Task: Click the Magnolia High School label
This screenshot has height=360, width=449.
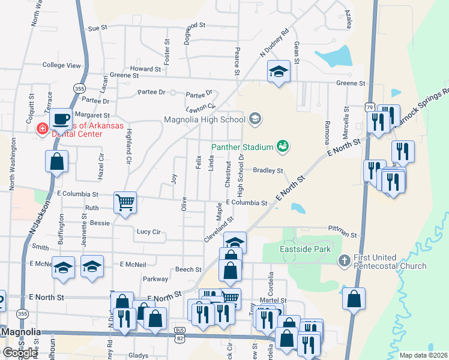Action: click(x=204, y=119)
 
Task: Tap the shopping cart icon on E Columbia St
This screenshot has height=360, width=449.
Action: click(x=125, y=202)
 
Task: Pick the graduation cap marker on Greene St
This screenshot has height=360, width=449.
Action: click(x=279, y=72)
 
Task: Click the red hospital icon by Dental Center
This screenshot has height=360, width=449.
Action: click(x=43, y=128)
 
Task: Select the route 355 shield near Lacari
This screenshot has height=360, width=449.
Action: click(x=80, y=88)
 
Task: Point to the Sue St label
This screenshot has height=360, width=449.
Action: click(x=97, y=28)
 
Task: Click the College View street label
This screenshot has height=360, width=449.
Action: click(x=61, y=65)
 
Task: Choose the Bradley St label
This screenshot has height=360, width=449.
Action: click(x=268, y=170)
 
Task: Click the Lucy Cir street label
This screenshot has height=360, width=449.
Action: click(x=148, y=232)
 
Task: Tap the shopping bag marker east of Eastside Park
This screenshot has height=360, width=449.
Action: click(x=354, y=298)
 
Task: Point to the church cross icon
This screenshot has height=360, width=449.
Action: click(x=344, y=260)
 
